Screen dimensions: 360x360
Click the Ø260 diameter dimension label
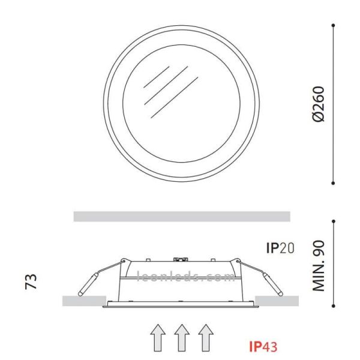coord(319,104)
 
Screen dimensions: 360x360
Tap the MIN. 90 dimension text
coord(319,266)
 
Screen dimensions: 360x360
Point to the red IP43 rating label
coord(262,346)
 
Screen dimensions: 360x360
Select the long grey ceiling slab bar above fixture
coord(181,216)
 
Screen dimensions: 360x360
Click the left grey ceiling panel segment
coord(84,300)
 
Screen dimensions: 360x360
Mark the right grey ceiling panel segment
coord(277,300)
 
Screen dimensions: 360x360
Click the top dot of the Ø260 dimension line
coord(334,25)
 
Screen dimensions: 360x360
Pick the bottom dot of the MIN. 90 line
coord(334,311)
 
